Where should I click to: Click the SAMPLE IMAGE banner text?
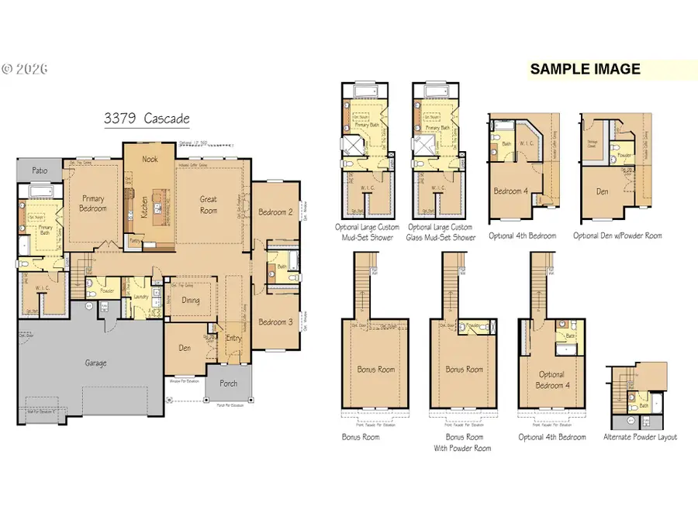585,69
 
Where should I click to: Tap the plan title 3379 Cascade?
147,119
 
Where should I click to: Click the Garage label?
96,363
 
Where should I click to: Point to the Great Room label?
209,205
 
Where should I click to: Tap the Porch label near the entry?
229,383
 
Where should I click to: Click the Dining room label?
191,301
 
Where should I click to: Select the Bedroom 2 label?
275,212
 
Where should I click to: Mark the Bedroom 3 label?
275,322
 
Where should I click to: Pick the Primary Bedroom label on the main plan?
92,203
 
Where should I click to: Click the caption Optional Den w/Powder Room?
617,236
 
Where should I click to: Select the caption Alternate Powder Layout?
640,437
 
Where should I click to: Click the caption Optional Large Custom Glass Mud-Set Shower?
442,232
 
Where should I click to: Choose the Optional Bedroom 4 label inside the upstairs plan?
551,380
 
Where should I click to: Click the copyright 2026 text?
26,69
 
